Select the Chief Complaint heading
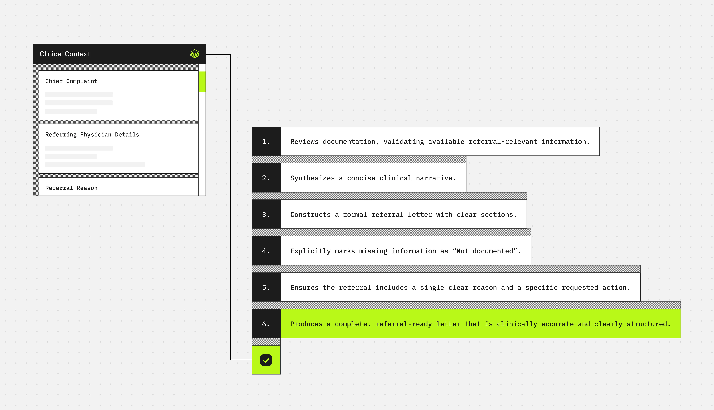pyautogui.click(x=71, y=81)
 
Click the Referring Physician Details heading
pyautogui.click(x=92, y=135)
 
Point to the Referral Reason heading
pyautogui.click(x=71, y=188)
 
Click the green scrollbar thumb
pyautogui.click(x=202, y=82)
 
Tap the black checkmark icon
pyautogui.click(x=266, y=360)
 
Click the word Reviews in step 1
pyautogui.click(x=304, y=142)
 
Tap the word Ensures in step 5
pyautogui.click(x=304, y=288)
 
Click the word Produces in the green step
pyautogui.click(x=306, y=324)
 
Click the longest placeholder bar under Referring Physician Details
pyautogui.click(x=95, y=165)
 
